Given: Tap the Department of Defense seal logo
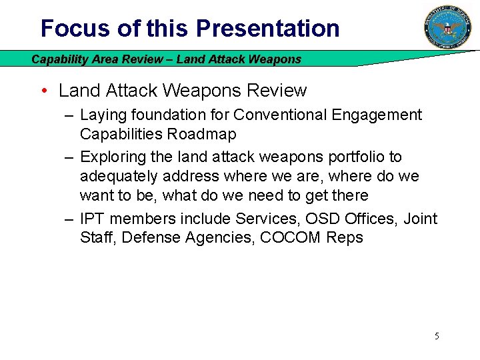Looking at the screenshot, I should [x=447, y=27].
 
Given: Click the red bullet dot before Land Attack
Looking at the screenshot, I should [x=43, y=91].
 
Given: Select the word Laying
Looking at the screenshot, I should [x=103, y=115].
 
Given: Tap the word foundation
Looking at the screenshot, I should [x=165, y=115].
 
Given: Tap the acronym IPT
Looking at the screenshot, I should [x=92, y=219].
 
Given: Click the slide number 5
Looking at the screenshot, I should [x=437, y=336].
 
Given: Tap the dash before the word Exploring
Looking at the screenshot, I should [x=69, y=157].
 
